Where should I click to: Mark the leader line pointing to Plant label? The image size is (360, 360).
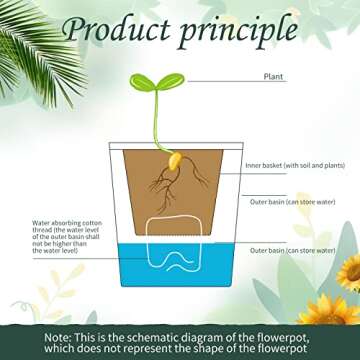(x=220, y=78)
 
